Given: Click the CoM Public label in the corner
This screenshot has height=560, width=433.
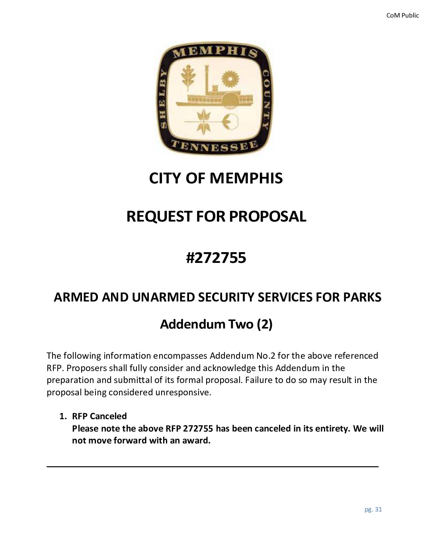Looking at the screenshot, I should click(402, 16).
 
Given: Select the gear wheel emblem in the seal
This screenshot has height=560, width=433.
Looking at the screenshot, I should click(229, 78).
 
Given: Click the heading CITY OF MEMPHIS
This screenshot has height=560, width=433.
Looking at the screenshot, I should click(216, 178).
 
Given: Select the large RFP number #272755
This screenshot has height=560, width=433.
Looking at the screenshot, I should click(216, 258).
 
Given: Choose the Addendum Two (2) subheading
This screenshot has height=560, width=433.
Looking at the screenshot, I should click(216, 325).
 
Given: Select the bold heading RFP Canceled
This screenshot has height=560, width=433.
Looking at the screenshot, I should click(99, 416).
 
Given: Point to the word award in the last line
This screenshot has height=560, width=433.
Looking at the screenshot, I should click(195, 441).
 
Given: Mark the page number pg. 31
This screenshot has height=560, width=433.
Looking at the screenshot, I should click(373, 509).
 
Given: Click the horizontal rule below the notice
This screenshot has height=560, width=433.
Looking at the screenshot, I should click(213, 466).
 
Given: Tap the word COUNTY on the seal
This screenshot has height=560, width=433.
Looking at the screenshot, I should click(266, 99).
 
